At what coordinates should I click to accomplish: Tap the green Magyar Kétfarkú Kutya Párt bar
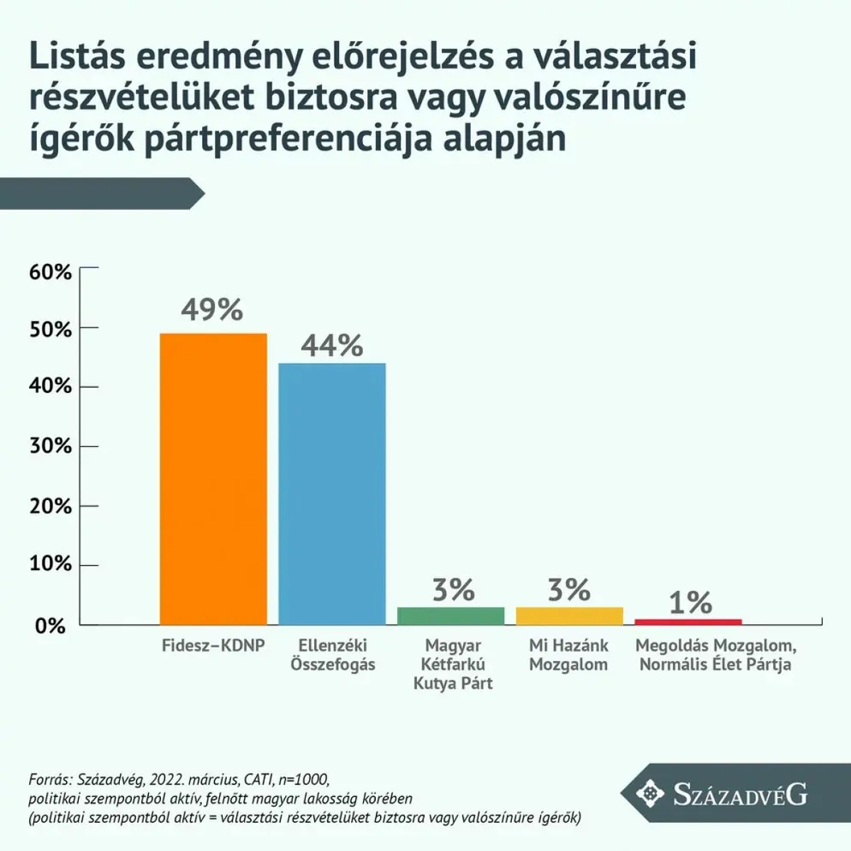450,616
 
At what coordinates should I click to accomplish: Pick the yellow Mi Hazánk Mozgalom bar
568,616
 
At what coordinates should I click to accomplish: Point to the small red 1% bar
687,621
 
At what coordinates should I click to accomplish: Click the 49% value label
212,310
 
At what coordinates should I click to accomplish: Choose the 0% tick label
51,626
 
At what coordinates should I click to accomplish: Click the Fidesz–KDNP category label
212,645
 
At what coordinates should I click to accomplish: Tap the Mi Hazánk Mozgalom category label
568,654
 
